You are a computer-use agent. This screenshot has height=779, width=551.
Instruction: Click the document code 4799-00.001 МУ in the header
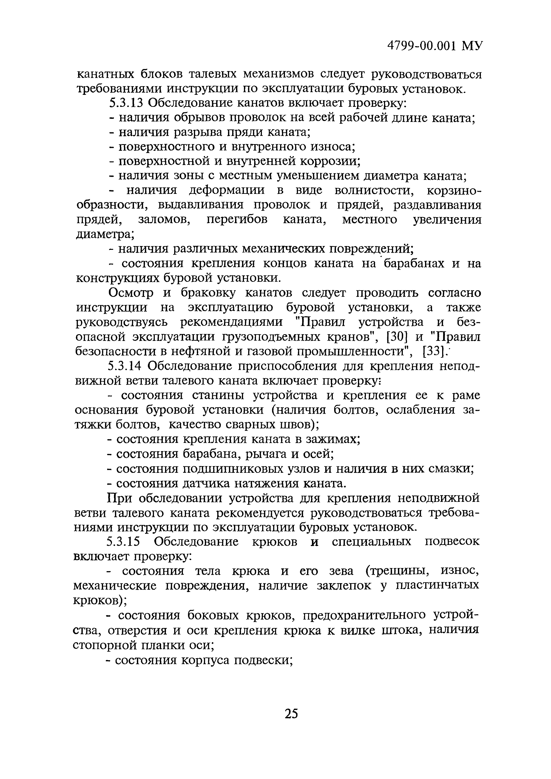coord(435,46)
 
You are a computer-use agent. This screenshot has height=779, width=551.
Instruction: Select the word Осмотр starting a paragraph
coord(131,293)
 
